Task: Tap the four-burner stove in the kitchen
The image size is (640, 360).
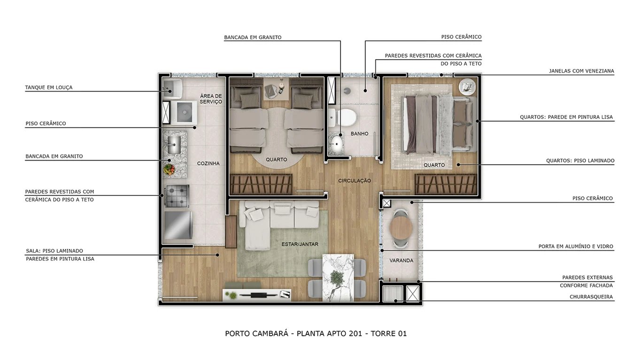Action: tap(177, 196)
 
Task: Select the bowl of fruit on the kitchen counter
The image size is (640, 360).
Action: tap(169, 168)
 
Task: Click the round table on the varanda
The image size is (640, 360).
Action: tap(401, 228)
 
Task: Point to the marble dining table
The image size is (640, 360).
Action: tap(337, 277)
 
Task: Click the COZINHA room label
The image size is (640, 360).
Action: tap(208, 163)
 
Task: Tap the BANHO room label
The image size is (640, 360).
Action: tap(360, 134)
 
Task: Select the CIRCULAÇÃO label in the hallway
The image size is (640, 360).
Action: tap(355, 181)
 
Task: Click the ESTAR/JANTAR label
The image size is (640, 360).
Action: tap(300, 244)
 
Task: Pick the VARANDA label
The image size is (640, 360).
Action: tap(401, 260)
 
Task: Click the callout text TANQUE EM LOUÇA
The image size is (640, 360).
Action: tap(49, 87)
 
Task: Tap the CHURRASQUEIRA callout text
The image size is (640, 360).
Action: tap(591, 297)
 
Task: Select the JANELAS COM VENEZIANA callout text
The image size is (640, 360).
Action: tap(581, 71)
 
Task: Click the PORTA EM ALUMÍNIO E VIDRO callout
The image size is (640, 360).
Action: tap(576, 246)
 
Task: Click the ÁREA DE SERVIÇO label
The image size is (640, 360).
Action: tap(211, 99)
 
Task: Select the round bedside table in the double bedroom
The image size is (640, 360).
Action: tap(467, 86)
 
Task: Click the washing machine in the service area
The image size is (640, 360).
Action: tap(181, 113)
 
